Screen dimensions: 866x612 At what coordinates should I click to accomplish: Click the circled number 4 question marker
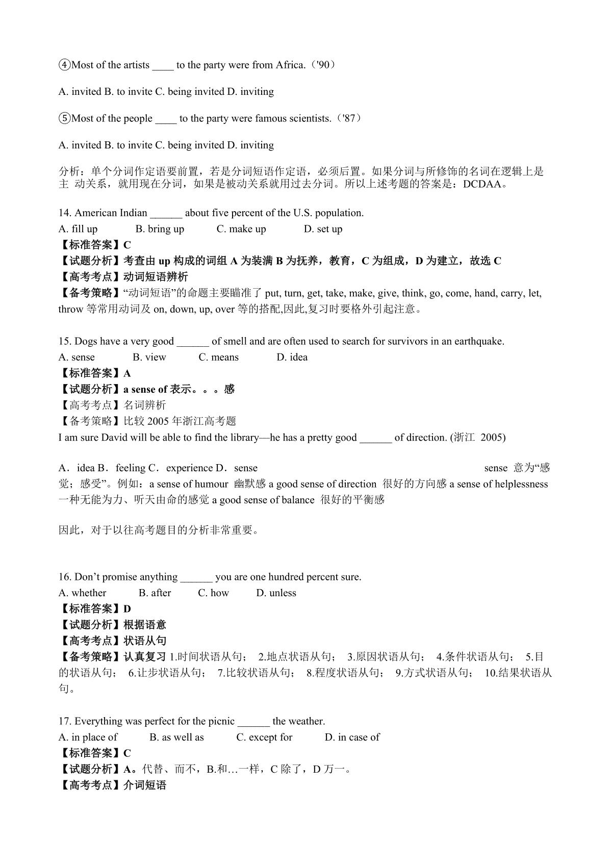point(65,65)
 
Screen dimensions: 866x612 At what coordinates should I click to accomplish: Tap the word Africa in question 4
point(290,65)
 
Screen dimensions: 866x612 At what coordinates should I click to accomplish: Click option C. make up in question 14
point(241,229)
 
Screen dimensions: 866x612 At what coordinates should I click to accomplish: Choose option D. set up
point(323,229)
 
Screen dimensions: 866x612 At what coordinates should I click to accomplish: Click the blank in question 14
point(166,214)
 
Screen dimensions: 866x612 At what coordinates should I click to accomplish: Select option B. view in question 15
point(149,358)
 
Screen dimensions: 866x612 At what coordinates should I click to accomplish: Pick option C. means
point(218,358)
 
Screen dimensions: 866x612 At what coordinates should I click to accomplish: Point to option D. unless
point(276,593)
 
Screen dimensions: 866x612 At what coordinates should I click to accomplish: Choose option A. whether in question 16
point(83,593)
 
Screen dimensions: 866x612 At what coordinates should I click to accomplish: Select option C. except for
point(264,737)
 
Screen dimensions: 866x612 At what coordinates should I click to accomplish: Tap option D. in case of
point(352,737)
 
